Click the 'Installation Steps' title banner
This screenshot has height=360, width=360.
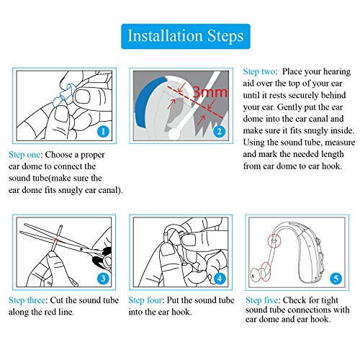click(x=186, y=36)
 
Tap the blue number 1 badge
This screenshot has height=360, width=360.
click(x=103, y=131)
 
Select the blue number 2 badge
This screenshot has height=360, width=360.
click(x=219, y=131)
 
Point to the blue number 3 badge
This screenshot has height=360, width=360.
click(x=103, y=279)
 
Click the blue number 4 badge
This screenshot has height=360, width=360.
click(x=220, y=279)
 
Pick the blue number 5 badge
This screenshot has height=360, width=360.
click(x=336, y=279)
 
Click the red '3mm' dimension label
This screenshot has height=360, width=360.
click(x=210, y=92)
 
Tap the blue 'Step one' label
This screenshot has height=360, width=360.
click(x=24, y=155)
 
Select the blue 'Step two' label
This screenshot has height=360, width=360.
click(x=259, y=72)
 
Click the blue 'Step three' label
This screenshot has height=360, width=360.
click(x=27, y=300)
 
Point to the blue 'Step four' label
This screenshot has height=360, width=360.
click(x=145, y=300)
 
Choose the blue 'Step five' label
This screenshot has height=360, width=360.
click(x=262, y=300)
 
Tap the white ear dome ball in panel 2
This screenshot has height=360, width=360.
click(x=174, y=134)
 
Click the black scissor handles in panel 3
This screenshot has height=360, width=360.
click(x=102, y=258)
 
